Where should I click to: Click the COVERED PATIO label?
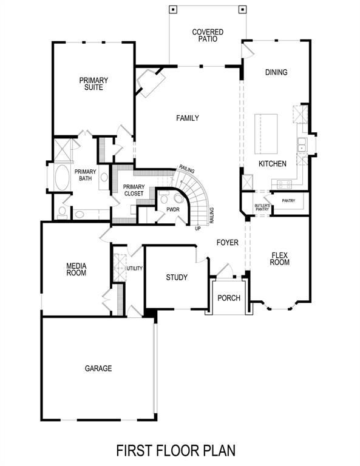point(208,35)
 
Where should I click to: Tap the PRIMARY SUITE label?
point(94,84)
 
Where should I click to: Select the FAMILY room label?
point(188,118)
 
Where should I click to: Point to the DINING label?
point(276,72)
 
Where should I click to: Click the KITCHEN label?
point(273,164)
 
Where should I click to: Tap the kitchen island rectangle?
point(265,134)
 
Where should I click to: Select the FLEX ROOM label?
point(280,259)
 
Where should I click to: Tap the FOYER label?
point(228,243)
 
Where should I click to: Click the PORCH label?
point(229,298)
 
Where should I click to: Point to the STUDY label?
point(177,277)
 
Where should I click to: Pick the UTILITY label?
point(134,268)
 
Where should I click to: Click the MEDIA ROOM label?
point(76,269)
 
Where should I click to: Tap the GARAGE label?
point(98,368)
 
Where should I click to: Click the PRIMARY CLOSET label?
point(134,190)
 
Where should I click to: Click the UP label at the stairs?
point(198,229)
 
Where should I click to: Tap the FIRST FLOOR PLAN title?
point(175,450)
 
